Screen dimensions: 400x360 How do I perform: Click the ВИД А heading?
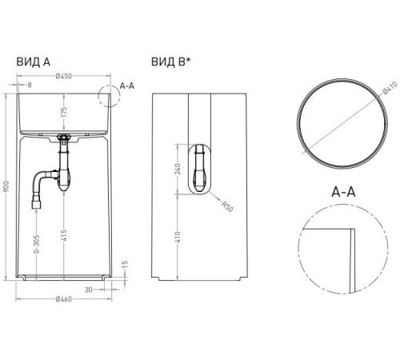(x=34, y=62)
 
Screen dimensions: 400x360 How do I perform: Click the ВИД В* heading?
(x=171, y=62)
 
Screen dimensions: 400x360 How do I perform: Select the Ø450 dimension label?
(x=64, y=76)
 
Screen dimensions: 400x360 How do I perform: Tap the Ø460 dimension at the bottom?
(x=64, y=299)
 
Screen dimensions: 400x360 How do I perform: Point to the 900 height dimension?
(x=6, y=186)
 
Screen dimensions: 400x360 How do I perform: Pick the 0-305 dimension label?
(x=37, y=244)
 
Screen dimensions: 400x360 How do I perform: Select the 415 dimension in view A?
(x=64, y=235)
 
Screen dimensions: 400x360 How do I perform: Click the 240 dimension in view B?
(x=178, y=169)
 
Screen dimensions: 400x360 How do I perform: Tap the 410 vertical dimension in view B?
(x=178, y=237)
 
